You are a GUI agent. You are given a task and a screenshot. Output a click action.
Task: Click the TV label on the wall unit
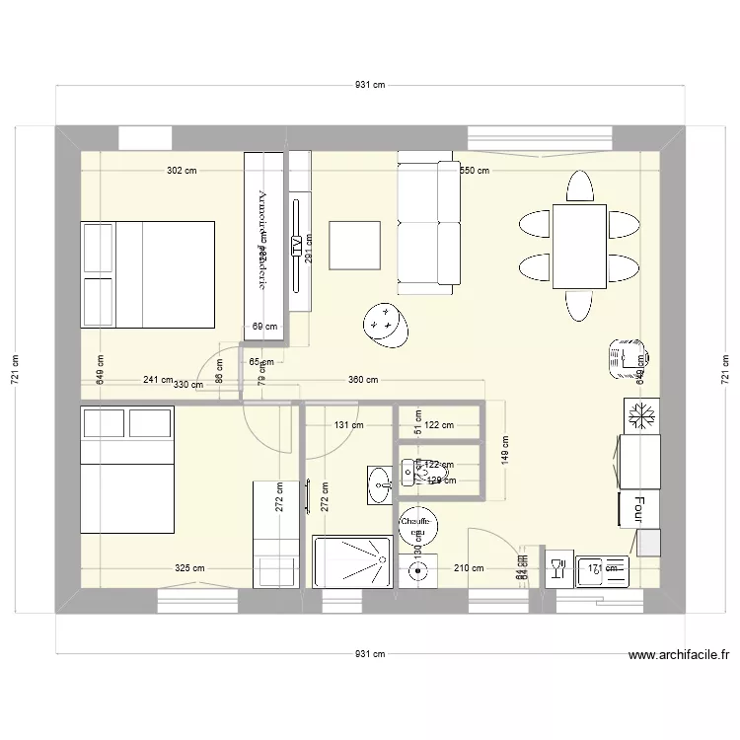pos(295,246)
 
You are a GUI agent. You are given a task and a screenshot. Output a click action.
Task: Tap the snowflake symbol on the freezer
pos(642,415)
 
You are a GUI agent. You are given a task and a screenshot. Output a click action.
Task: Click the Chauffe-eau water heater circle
pos(417,525)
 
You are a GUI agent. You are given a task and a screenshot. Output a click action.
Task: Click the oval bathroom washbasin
pos(379,483)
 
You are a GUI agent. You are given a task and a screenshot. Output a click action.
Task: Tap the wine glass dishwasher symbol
pos(557,568)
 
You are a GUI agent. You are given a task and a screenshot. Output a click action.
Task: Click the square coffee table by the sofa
pos(355,245)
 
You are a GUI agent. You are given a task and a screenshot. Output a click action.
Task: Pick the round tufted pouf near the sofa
pos(387,324)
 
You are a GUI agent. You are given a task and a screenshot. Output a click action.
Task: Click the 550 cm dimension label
pos(475,171)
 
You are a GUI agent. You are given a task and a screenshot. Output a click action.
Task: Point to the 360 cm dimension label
pos(363,380)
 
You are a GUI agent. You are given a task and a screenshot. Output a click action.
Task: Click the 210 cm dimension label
pos(469,567)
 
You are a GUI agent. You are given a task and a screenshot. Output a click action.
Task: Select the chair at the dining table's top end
pos(580,185)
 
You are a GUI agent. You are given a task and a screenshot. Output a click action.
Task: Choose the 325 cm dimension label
pos(189,567)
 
